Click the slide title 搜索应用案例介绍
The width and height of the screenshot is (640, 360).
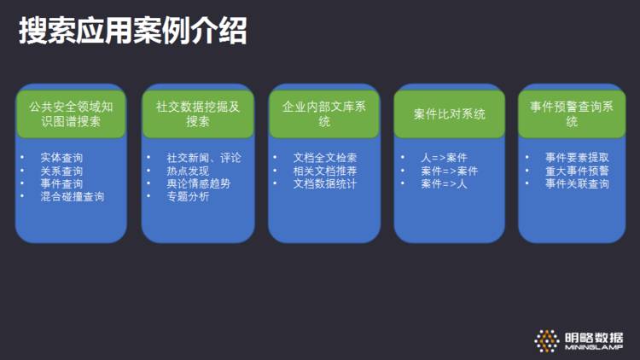133,32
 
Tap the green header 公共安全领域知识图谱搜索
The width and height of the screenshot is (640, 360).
71,114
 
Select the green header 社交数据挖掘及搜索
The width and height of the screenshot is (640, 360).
198,114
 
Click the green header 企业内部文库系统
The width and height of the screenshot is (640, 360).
324,114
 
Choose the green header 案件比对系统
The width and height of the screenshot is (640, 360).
450,114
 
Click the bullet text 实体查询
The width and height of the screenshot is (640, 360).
61,158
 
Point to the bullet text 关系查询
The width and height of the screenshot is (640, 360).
61,171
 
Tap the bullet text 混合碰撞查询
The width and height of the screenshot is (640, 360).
72,196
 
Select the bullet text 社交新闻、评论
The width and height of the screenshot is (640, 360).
204,158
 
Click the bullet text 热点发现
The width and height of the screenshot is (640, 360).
188,171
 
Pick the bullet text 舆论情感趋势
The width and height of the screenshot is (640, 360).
198,183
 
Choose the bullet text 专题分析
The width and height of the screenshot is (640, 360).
188,196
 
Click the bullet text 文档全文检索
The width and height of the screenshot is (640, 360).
324,158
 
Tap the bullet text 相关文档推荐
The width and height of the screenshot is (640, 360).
324,171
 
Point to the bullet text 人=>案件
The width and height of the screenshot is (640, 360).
444,158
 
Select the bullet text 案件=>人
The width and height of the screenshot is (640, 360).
444,183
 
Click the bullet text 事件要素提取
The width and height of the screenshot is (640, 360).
577,158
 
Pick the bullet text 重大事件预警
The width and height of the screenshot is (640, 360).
577,171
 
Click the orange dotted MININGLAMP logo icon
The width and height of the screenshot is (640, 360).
547,340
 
